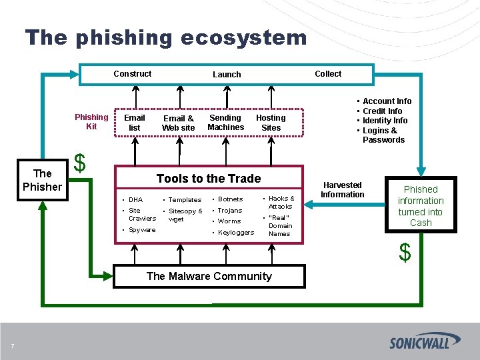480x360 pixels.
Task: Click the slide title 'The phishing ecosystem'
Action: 166,37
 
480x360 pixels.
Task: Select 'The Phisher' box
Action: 42,180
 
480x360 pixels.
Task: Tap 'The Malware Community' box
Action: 209,276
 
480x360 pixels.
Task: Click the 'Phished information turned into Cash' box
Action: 421,206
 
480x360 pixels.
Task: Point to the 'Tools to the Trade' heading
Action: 209,179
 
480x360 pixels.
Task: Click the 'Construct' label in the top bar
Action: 132,74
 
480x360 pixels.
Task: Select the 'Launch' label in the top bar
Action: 227,75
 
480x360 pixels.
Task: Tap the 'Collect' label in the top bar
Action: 328,74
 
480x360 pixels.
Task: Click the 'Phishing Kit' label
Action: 91,121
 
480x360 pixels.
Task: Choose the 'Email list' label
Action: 135,123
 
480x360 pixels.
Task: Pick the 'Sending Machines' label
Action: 226,123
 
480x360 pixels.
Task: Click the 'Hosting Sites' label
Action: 271,123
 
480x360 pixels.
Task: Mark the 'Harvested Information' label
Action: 343,189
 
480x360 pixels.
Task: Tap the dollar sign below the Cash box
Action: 405,253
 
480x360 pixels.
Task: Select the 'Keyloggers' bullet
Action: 236,233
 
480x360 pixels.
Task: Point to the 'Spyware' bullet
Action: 142,230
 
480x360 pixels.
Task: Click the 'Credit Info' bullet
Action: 383,111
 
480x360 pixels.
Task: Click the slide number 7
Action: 12,345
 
